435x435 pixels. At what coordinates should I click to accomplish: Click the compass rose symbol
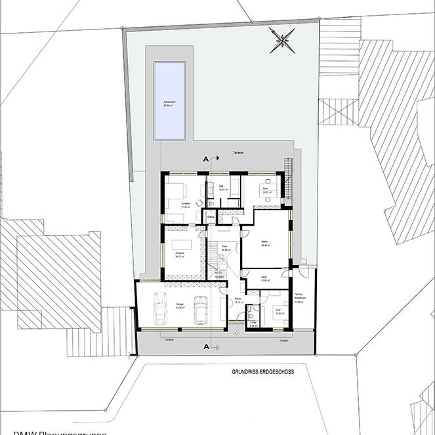pyautogui.click(x=281, y=41)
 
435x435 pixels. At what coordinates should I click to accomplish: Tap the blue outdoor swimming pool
pyautogui.click(x=169, y=100)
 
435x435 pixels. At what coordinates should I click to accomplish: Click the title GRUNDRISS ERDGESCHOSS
pyautogui.click(x=262, y=371)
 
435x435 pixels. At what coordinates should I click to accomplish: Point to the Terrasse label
pyautogui.click(x=238, y=153)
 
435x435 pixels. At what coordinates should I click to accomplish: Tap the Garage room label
pyautogui.click(x=180, y=304)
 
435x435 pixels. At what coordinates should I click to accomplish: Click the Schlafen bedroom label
pyautogui.click(x=176, y=205)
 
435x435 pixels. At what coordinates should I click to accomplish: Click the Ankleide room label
pyautogui.click(x=178, y=255)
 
